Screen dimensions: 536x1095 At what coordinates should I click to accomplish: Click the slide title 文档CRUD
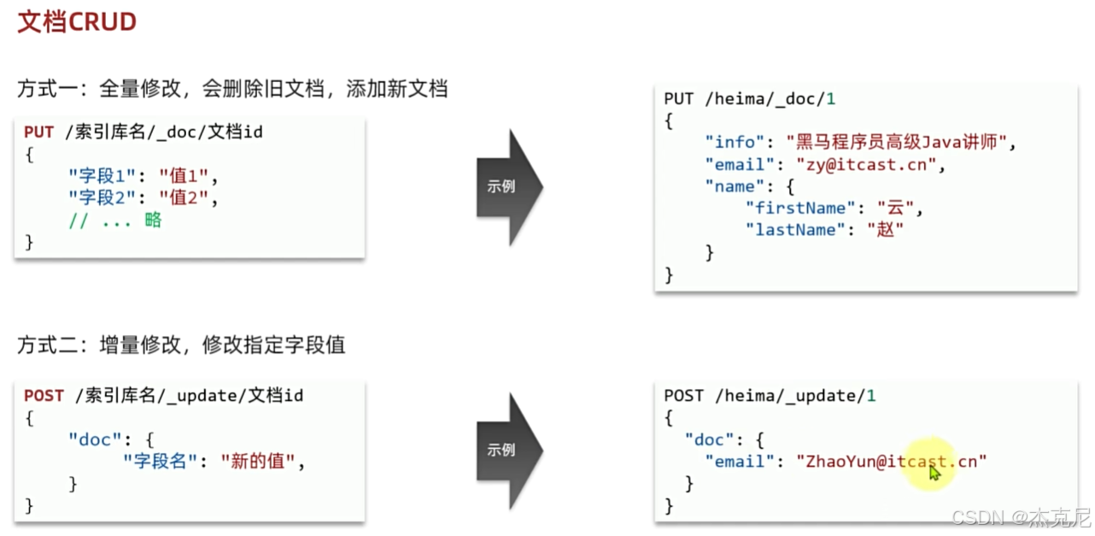pos(77,22)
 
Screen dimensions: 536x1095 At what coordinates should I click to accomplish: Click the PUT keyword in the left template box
pos(38,133)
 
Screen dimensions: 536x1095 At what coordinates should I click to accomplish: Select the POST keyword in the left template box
pos(44,396)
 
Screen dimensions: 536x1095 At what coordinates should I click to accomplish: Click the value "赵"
pos(885,230)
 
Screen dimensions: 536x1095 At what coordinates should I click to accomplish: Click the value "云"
pos(895,208)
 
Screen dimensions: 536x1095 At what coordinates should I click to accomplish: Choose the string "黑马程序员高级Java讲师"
pos(901,143)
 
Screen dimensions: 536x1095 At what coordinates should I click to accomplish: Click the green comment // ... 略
pos(114,221)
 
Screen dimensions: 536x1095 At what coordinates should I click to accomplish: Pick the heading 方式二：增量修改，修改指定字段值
pos(181,345)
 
